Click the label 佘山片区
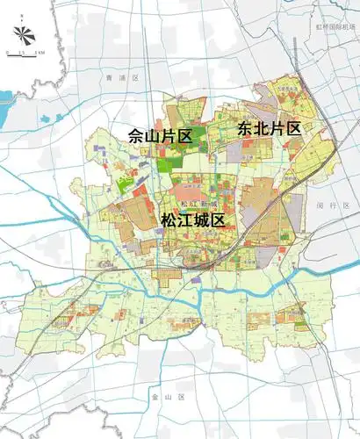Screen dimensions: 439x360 click(161, 136)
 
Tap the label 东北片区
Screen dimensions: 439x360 click(270, 128)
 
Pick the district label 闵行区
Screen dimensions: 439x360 click(335, 205)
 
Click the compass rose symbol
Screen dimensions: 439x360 click(24, 35)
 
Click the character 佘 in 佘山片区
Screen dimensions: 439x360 click(136, 136)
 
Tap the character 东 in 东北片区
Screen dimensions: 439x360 click(245, 128)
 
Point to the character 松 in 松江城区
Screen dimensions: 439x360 click(169, 220)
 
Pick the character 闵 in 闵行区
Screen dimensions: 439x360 click(322, 205)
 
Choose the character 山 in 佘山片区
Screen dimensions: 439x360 click(153, 136)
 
